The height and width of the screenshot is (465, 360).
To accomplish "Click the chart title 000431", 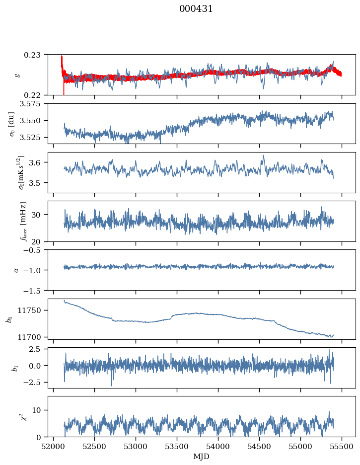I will click(x=196, y=9).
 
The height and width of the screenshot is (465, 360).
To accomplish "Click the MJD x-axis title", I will click(x=202, y=456).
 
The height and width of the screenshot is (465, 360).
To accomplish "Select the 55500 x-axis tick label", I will click(x=342, y=446).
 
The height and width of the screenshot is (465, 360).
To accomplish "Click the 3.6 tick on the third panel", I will click(x=40, y=162).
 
